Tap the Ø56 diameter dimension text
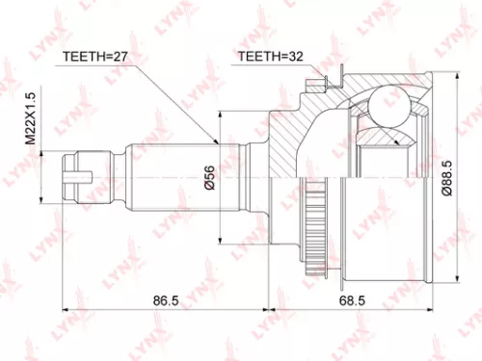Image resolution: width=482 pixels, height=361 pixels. coord(207,179)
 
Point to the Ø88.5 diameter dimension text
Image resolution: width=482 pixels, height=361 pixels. coord(446,179)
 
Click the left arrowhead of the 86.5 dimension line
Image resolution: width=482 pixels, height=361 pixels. coord(67,310)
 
